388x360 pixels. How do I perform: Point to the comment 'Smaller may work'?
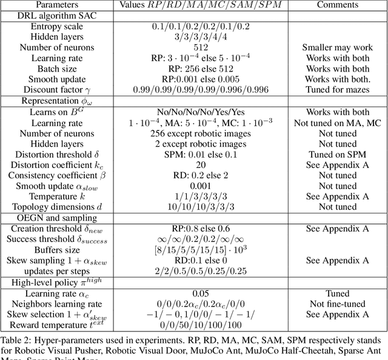(x=336, y=47)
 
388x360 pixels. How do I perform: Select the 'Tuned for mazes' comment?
(x=336, y=90)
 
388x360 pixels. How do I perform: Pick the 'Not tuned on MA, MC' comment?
(x=336, y=122)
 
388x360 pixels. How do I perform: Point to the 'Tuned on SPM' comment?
(x=336, y=155)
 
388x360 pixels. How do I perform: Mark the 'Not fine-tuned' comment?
(x=336, y=304)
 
